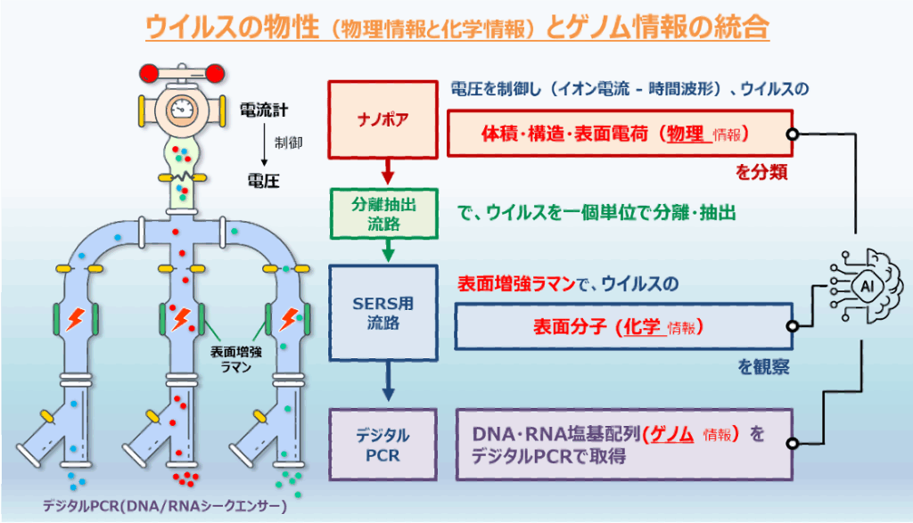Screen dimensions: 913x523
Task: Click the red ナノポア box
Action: (x=382, y=119)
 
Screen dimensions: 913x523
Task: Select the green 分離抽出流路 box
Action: (x=383, y=214)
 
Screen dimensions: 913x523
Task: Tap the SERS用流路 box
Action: (x=383, y=313)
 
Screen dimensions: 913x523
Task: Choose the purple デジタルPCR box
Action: (x=382, y=445)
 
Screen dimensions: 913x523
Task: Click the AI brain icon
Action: (x=863, y=286)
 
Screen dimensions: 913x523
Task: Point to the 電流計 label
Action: (x=264, y=110)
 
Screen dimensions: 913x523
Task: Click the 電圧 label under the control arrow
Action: (x=263, y=181)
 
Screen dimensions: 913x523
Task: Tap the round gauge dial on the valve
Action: (x=182, y=109)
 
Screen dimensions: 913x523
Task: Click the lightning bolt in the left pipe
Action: (x=75, y=319)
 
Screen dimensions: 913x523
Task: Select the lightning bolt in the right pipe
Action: (x=289, y=319)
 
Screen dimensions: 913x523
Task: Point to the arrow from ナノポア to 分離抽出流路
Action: (x=388, y=172)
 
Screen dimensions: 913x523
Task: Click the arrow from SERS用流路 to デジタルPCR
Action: (x=388, y=381)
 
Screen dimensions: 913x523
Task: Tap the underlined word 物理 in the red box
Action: (x=686, y=134)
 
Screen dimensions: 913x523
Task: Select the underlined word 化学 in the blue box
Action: (x=642, y=327)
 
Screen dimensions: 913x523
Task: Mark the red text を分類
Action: (x=761, y=172)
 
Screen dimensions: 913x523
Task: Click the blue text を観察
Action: (x=763, y=366)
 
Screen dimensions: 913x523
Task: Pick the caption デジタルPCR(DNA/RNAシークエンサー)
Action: (x=165, y=505)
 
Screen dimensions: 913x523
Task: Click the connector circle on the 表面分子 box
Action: (x=792, y=326)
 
